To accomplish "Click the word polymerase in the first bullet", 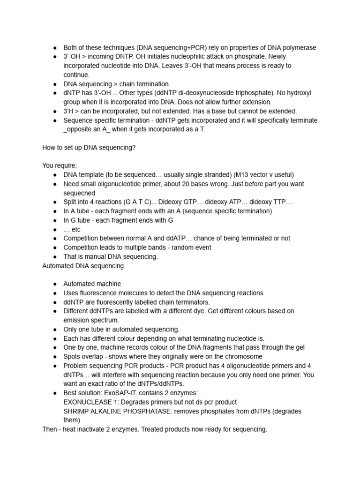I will click(x=300, y=48).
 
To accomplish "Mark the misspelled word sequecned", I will click(x=79, y=193).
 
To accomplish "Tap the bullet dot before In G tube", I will click(x=55, y=220).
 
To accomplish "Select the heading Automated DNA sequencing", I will click(x=83, y=266).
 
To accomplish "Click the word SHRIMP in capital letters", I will click(x=75, y=411).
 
